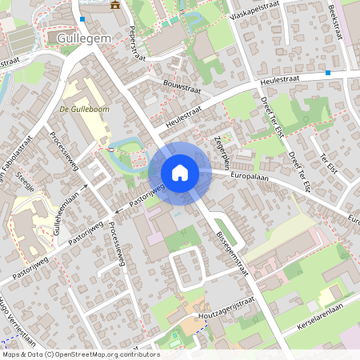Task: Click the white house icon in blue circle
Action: [x=179, y=173]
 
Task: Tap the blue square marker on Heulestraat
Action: [x=327, y=74]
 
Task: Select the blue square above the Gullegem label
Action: [x=82, y=18]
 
